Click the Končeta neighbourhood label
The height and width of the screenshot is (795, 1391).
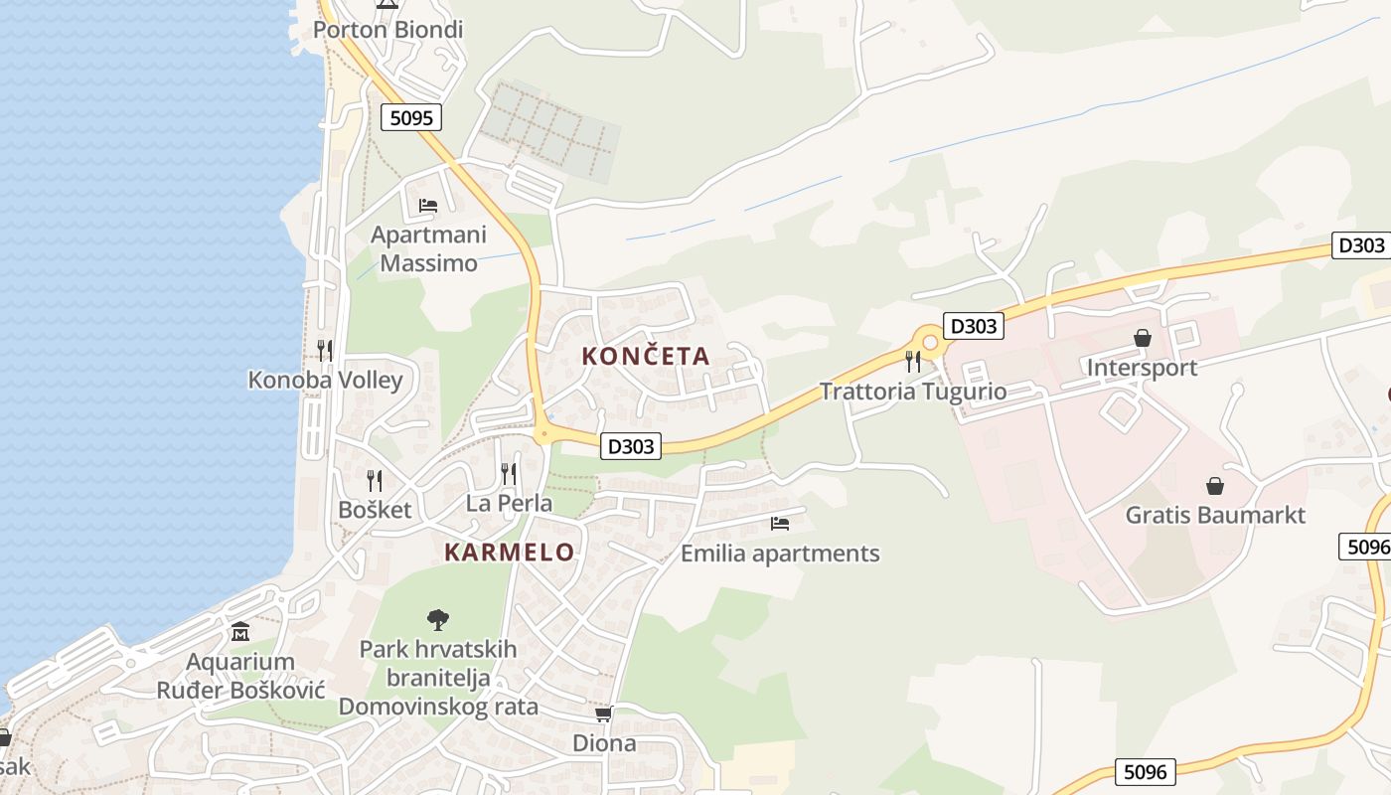(x=646, y=356)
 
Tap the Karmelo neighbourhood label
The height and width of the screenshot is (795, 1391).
(x=509, y=553)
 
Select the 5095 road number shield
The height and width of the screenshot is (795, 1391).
(x=411, y=118)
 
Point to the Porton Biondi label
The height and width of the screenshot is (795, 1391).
(x=387, y=30)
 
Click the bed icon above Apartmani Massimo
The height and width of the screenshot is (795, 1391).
(x=428, y=206)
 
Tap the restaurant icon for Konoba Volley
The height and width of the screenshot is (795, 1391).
(x=325, y=350)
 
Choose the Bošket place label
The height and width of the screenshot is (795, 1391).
(x=375, y=510)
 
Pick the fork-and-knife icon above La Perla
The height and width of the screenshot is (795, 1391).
(x=509, y=473)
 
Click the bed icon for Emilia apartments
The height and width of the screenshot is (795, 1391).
(x=780, y=523)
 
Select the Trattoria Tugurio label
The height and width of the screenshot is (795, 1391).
(x=913, y=392)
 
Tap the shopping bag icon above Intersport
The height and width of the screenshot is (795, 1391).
(x=1143, y=339)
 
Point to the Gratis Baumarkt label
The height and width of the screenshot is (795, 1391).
(x=1215, y=516)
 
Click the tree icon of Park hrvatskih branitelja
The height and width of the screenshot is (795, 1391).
(x=437, y=620)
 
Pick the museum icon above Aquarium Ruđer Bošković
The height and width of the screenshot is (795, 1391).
(x=240, y=632)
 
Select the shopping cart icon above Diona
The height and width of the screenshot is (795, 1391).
(x=603, y=714)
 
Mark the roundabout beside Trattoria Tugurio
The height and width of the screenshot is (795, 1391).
(x=930, y=342)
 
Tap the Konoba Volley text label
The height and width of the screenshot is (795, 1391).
(x=325, y=380)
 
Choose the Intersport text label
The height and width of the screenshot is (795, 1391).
(x=1142, y=368)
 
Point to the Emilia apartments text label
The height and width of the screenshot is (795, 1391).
(x=780, y=554)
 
